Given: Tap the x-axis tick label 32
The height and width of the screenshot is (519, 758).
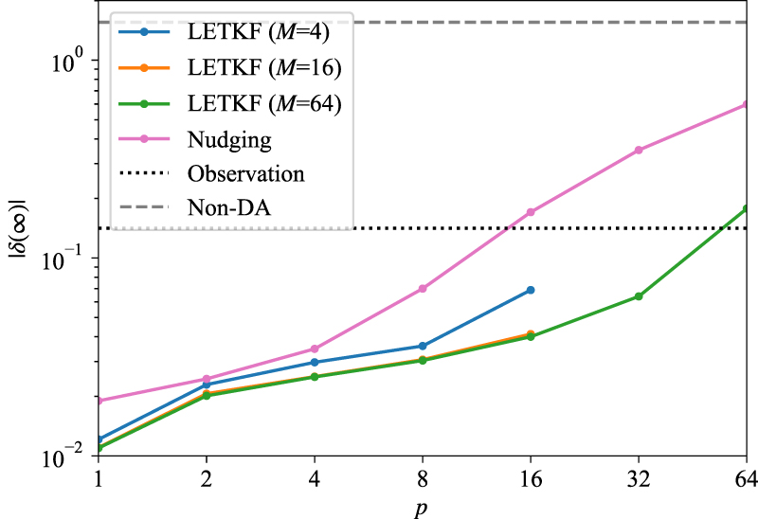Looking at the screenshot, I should point(639,480).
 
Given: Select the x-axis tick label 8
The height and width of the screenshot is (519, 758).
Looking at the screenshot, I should point(423,480).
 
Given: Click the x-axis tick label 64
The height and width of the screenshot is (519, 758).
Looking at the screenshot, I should point(746,480).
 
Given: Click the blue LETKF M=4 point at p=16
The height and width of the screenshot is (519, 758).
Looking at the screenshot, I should point(531,290).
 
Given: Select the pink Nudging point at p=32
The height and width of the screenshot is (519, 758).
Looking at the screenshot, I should point(639,150).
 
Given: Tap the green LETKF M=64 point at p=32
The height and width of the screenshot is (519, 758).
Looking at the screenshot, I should point(639,296).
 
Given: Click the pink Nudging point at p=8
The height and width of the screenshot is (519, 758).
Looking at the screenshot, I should point(423,289).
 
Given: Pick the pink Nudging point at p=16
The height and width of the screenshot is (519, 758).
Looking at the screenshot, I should point(531,212).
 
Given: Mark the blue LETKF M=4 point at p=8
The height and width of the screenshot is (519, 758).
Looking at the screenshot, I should point(423,346).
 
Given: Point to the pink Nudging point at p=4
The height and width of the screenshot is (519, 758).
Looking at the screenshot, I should point(315,349).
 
